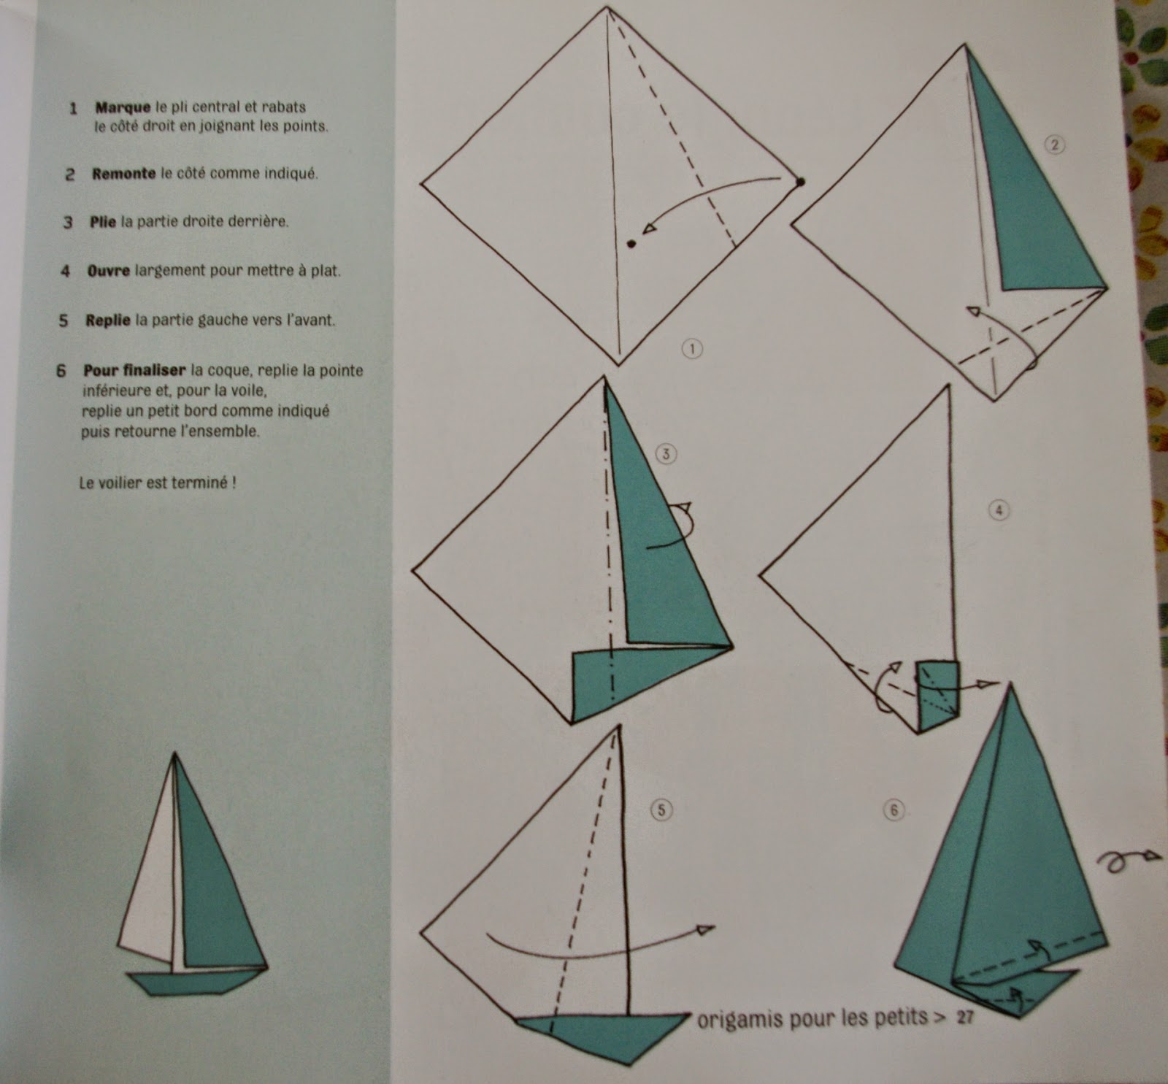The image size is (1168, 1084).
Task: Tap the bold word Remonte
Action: tap(123, 174)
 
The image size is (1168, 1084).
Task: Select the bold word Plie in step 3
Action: tap(103, 222)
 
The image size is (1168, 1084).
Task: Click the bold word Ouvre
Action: tap(108, 271)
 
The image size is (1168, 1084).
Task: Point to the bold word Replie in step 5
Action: tap(108, 320)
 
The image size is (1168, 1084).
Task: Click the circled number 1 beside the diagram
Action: tap(692, 349)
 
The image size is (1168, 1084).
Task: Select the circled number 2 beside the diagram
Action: tap(1054, 145)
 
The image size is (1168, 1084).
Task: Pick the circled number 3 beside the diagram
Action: tap(666, 454)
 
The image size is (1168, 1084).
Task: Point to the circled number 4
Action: tap(999, 511)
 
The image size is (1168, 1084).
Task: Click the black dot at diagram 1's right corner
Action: tap(801, 181)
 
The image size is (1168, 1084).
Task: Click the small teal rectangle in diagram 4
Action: tap(937, 696)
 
